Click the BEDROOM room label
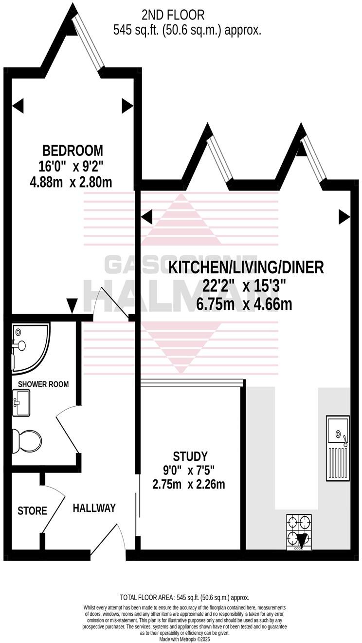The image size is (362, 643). [72, 150]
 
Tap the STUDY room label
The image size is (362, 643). [190, 456]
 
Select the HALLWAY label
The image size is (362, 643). [94, 508]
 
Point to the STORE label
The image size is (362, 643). [32, 511]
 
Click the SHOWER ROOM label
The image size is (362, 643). [43, 384]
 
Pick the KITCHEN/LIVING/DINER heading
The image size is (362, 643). [246, 267]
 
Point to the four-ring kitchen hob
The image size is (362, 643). [298, 532]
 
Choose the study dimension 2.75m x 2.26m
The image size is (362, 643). [188, 485]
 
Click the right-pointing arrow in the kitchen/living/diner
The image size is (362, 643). [344, 217]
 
